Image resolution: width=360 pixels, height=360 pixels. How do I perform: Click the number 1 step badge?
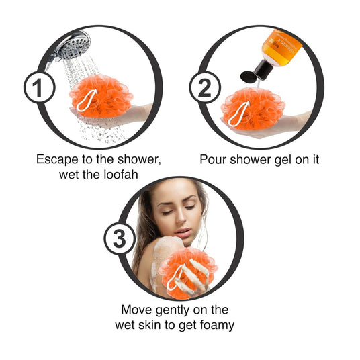pyautogui.click(x=39, y=87)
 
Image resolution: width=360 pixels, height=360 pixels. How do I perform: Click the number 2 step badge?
pyautogui.click(x=205, y=87)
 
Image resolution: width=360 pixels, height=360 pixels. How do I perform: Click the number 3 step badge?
pyautogui.click(x=120, y=239)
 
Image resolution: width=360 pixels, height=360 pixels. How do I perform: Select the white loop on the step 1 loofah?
pyautogui.click(x=87, y=100)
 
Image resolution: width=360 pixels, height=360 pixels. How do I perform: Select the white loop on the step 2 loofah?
pyautogui.click(x=238, y=114)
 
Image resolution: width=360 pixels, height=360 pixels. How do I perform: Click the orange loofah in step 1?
pyautogui.click(x=101, y=95)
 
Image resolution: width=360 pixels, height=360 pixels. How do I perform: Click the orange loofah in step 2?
pyautogui.click(x=253, y=109)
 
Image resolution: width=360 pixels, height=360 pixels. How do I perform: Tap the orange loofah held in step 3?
pyautogui.click(x=187, y=273)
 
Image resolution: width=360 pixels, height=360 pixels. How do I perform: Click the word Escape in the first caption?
pyautogui.click(x=57, y=160)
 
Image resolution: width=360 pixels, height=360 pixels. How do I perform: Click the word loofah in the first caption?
pyautogui.click(x=121, y=175)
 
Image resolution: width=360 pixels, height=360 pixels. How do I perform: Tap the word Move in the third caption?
pyautogui.click(x=136, y=310)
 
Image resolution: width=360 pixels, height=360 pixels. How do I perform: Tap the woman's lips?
pyautogui.click(x=183, y=232)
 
